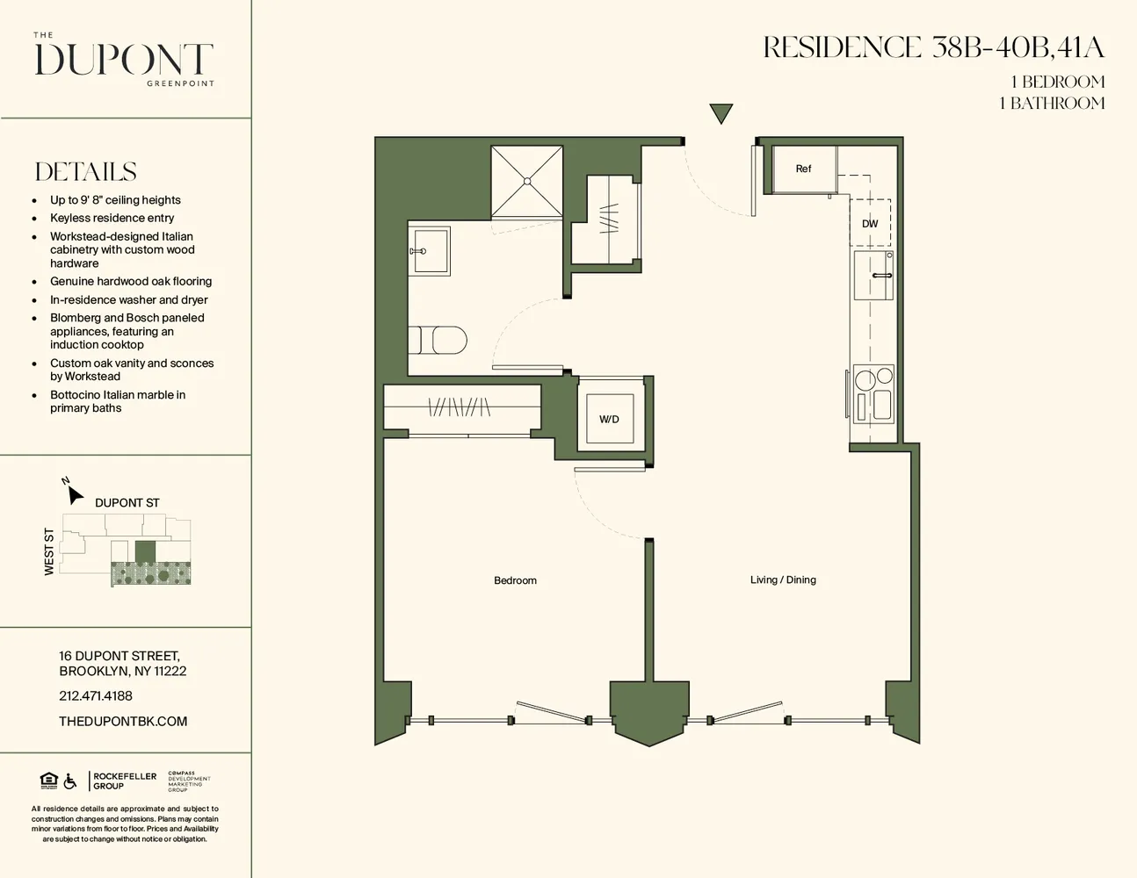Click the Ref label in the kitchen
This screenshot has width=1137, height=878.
(x=803, y=169)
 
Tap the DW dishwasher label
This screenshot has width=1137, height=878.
(x=870, y=224)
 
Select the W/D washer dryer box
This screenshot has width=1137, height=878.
(x=610, y=419)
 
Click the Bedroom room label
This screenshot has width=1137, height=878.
(x=515, y=580)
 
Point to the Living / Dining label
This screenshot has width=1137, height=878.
(x=783, y=579)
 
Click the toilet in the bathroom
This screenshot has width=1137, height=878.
(x=438, y=340)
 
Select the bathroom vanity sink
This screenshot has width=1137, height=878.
(x=430, y=251)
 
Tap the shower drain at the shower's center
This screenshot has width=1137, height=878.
(x=527, y=181)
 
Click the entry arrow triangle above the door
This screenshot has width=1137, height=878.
(x=721, y=113)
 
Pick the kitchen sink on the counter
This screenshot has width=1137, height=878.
(x=873, y=276)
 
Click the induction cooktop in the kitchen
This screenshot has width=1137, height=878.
(x=873, y=392)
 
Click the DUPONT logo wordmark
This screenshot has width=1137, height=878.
(x=124, y=60)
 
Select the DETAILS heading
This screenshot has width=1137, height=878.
(x=86, y=171)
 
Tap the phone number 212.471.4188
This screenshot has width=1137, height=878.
(x=96, y=695)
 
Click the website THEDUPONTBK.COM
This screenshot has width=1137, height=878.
(x=123, y=721)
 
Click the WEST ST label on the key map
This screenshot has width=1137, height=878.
(x=49, y=552)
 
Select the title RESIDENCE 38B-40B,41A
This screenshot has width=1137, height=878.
(x=933, y=47)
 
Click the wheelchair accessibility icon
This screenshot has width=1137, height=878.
(x=70, y=781)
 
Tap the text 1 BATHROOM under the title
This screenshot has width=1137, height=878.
(x=1052, y=103)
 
